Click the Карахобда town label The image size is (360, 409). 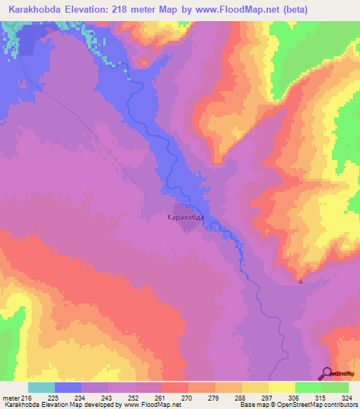(x=186, y=218)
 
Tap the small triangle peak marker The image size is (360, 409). (x=301, y=282)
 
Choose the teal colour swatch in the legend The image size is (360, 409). (x=41, y=387)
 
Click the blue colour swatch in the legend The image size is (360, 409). (x=67, y=387)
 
